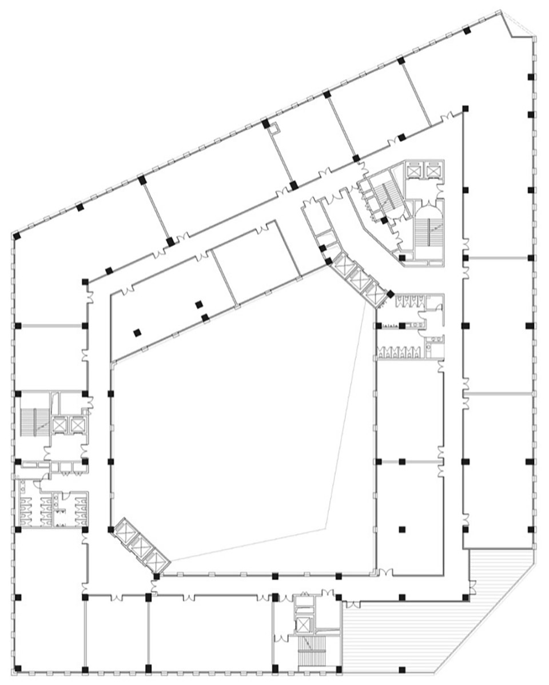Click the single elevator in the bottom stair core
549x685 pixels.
(303, 623)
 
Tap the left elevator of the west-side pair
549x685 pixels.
(59, 425)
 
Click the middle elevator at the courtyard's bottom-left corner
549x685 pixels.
(140, 546)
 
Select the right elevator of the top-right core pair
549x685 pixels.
(434, 170)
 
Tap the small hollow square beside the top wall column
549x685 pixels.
(273, 129)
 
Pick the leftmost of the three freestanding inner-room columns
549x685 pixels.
(137, 332)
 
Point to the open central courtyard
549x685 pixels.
(240, 435)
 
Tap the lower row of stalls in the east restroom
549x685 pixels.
(400, 353)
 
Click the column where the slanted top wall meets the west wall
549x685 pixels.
(17, 236)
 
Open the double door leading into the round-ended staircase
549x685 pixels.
(428, 203)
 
